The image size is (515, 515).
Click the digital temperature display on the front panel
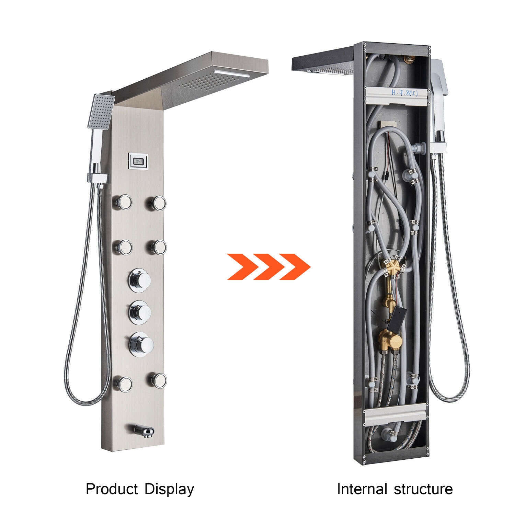point(138,161)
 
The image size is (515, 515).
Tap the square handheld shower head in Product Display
point(101,111)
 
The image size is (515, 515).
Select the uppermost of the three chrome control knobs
point(140,280)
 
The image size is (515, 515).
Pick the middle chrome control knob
point(140,312)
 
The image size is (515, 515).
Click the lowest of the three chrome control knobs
point(141,344)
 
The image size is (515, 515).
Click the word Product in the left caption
point(112,489)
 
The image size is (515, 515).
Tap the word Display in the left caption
point(169,489)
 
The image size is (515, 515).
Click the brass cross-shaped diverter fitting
point(393,268)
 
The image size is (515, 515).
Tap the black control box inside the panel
point(397,318)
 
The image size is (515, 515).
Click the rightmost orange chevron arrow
point(295,267)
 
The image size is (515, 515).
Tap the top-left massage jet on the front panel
point(123,202)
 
